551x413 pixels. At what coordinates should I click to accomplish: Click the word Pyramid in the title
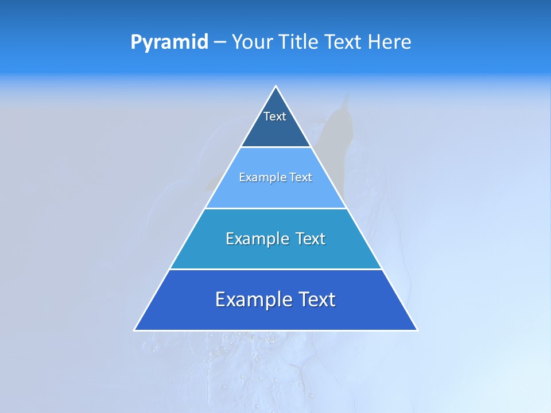click(169, 42)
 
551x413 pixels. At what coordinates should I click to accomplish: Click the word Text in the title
click(344, 42)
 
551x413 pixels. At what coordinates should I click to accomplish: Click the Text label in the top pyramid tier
click(275, 116)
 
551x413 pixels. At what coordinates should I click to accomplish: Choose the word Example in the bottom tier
click(254, 299)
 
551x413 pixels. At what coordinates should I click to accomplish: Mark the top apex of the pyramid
click(276, 87)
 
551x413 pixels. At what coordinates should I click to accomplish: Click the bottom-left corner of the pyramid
click(134, 330)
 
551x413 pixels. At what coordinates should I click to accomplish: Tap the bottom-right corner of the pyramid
click(417, 330)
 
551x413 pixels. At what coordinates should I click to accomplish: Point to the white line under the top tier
click(275, 147)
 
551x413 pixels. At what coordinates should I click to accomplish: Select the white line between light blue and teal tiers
click(275, 208)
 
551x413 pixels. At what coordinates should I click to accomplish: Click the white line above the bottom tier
click(275, 269)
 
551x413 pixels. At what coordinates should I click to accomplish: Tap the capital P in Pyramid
click(135, 42)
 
